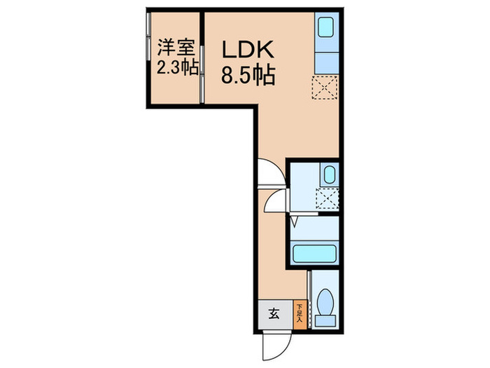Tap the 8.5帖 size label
click(248, 74)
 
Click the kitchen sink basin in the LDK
click(326, 27)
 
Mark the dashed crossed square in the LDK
click(325, 88)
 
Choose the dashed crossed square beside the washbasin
click(328, 198)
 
